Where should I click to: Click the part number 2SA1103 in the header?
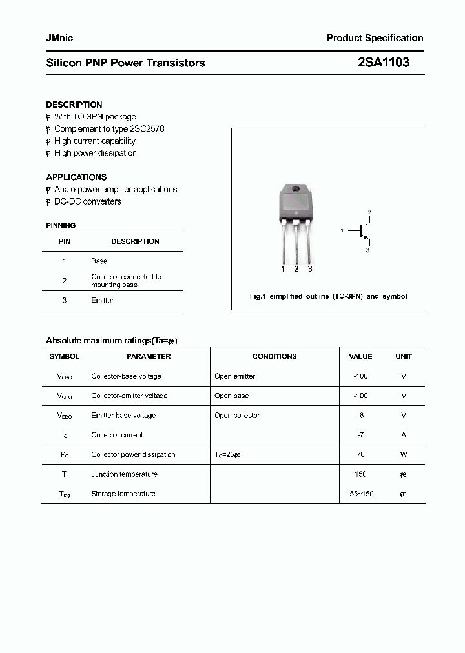383,63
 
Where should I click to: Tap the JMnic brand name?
59,38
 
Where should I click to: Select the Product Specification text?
375,38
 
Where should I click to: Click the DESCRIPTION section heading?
74,105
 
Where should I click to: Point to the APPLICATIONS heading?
76,177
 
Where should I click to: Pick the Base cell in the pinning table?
99,261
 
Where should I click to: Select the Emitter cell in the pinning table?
102,301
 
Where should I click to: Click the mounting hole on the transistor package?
296,190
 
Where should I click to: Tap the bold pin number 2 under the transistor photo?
296,269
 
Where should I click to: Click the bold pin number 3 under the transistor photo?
310,269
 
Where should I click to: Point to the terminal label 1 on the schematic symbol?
342,230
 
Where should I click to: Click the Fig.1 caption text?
328,296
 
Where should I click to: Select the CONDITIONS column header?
274,356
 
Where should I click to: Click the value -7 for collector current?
360,435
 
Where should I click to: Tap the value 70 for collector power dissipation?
360,454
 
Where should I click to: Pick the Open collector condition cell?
237,416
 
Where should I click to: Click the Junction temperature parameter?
124,474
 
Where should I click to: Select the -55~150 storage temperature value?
360,494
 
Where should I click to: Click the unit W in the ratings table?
404,454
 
